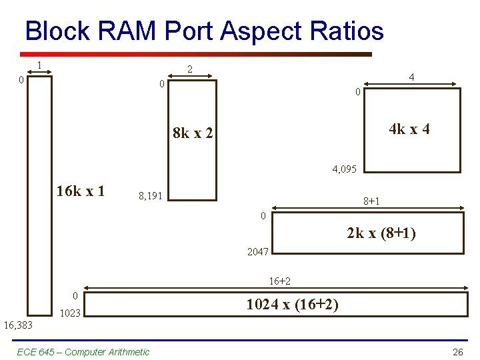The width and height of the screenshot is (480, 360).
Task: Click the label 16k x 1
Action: tap(81, 191)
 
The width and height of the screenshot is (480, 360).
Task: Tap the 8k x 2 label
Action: tap(193, 133)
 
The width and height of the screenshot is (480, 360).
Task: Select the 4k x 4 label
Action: tap(409, 129)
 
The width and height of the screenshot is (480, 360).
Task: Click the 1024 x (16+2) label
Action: tap(292, 305)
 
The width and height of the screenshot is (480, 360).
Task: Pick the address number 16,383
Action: tap(18, 325)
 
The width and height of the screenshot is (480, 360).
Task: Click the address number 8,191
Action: tap(150, 196)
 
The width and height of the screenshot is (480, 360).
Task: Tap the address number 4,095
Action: tap(345, 170)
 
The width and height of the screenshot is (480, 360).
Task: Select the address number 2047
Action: tap(258, 252)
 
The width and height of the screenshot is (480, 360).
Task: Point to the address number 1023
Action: tap(70, 313)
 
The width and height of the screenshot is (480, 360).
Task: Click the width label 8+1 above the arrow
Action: tap(372, 201)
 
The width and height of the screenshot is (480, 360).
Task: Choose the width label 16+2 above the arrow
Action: tap(280, 281)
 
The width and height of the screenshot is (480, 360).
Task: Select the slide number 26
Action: tap(457, 352)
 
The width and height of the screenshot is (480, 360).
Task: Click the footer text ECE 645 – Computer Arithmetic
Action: tap(83, 352)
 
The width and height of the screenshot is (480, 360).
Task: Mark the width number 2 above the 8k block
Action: tap(190, 69)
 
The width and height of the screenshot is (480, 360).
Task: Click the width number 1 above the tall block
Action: tap(40, 65)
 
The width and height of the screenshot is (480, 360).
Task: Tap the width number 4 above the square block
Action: tap(412, 77)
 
